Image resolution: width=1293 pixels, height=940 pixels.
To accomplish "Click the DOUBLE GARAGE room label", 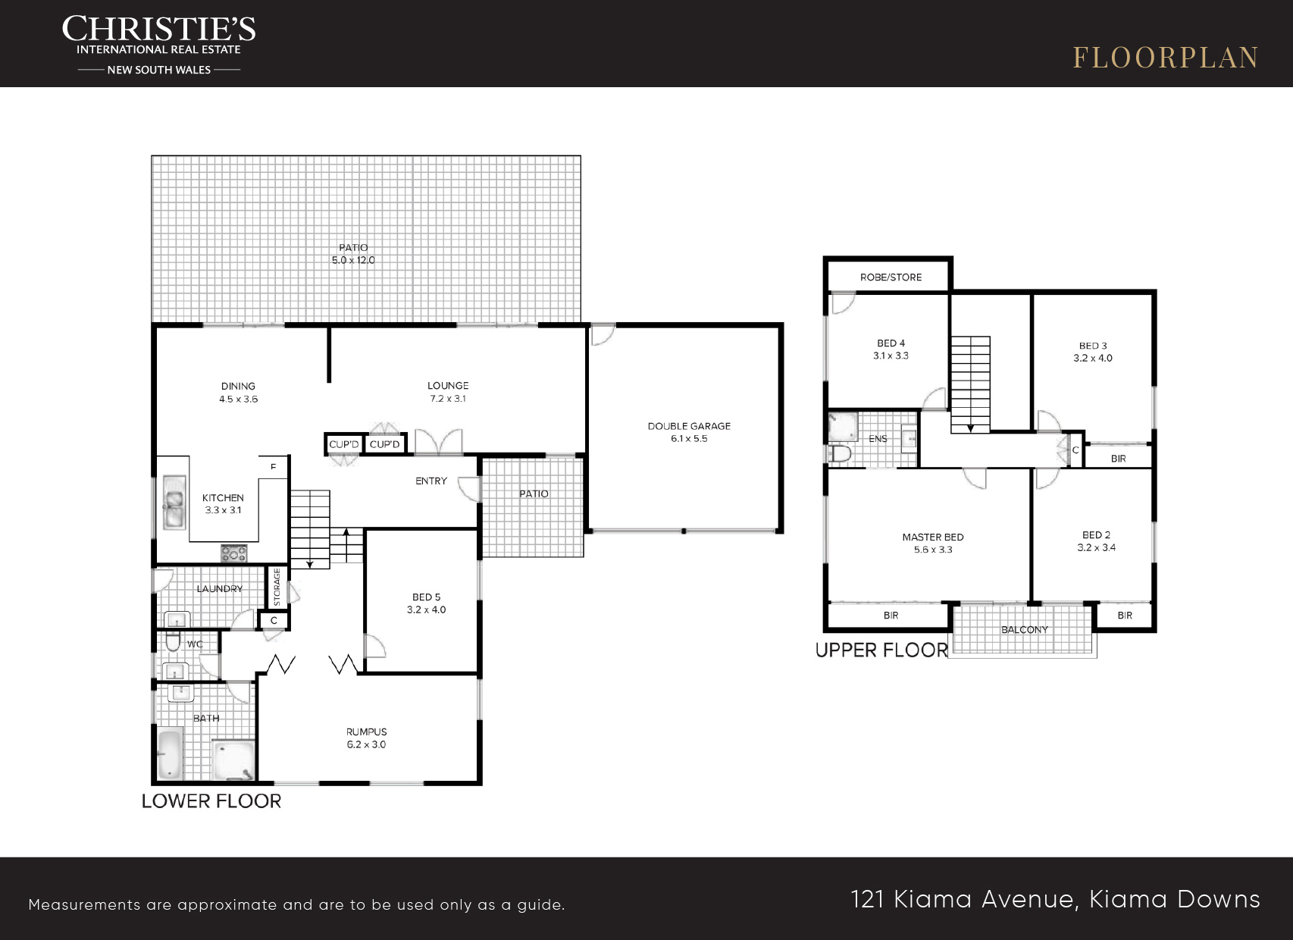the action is pos(689,426).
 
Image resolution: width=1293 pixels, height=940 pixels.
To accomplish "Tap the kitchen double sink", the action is pos(174,502).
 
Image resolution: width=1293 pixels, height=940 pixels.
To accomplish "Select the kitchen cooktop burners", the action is pos(233,553).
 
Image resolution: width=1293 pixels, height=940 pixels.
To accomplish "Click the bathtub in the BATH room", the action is pos(170,755).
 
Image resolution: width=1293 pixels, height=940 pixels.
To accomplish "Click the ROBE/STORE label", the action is pos(891,277).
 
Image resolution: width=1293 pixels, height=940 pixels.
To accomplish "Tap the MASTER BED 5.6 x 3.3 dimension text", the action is pos(933,550).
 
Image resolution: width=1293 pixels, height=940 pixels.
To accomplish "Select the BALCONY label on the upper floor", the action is pos(1025,629).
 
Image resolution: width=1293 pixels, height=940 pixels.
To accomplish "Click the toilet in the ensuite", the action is pos(840,453).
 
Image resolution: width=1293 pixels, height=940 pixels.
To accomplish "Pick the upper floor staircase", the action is pos(970,384).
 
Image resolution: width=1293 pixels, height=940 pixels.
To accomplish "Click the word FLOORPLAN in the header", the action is pos(1166,58).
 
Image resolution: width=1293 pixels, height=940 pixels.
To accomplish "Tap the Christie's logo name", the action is pos(158,28).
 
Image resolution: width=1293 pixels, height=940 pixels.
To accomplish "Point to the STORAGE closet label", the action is pos(277,587).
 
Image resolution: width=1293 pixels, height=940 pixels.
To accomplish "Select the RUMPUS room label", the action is pos(367,732).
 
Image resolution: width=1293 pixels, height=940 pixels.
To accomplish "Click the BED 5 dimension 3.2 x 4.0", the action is pos(426,609).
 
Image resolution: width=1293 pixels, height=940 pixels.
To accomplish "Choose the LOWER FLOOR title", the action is pos(211,801).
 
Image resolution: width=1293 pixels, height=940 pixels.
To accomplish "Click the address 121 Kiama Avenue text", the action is pos(962,900).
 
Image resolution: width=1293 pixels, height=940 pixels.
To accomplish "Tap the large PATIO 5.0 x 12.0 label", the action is pos(353,254).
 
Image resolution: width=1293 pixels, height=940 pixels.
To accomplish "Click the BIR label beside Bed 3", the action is pos(1118,459).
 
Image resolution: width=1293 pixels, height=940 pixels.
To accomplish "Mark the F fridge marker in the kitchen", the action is pos(273,466).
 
